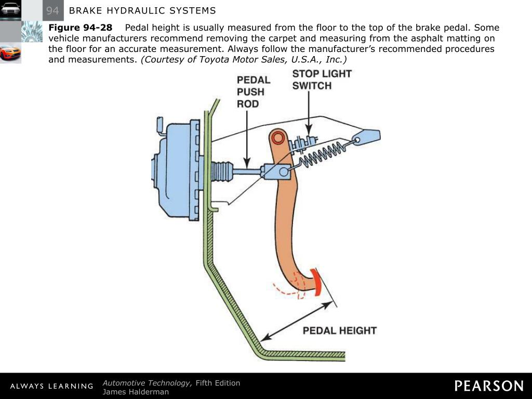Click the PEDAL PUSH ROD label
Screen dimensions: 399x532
254,91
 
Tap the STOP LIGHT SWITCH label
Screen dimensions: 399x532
322,79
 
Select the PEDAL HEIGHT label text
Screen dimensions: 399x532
339,330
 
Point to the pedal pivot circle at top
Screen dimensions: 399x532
278,138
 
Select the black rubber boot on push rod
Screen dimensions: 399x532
222,171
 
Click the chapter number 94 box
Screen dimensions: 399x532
52,10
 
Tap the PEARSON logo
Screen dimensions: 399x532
489,386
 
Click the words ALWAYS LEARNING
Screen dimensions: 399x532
51,386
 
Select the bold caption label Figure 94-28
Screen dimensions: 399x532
80,28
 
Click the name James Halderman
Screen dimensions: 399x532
136,392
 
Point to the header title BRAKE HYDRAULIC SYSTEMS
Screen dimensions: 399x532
142,10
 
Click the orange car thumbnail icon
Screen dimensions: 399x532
10,53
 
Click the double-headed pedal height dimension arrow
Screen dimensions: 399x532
296,322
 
